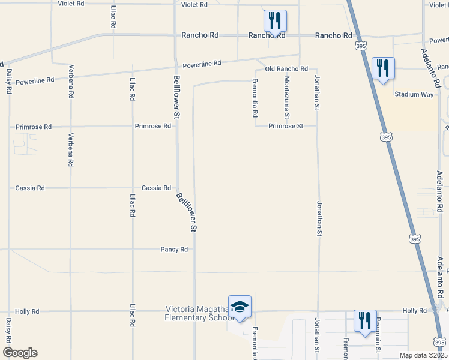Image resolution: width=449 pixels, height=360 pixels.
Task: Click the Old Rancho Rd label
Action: click(x=287, y=69)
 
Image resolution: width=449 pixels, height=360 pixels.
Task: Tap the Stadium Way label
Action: click(x=414, y=94)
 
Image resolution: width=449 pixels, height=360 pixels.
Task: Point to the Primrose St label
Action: click(x=284, y=126)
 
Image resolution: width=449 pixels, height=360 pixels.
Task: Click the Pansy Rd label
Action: click(x=174, y=249)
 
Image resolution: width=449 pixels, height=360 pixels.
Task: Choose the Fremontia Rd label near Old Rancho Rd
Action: click(x=255, y=98)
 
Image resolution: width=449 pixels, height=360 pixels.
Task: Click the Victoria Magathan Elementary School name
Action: click(x=199, y=313)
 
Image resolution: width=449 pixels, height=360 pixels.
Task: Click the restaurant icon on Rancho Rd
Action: click(x=275, y=22)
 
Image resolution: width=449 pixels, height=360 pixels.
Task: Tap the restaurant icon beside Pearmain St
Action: click(x=365, y=321)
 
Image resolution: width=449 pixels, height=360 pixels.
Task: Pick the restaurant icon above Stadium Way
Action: click(x=382, y=68)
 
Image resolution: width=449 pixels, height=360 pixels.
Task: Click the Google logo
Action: click(x=20, y=353)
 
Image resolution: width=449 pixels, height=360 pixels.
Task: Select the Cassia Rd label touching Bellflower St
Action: click(x=156, y=188)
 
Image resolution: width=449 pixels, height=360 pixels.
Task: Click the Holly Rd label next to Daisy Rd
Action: click(x=28, y=311)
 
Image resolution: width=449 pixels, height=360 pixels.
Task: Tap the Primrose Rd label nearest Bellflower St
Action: click(x=152, y=126)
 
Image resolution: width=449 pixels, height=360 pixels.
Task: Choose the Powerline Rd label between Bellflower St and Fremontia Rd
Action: click(x=202, y=64)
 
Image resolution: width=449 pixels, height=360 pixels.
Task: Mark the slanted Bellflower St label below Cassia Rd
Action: click(x=187, y=212)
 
